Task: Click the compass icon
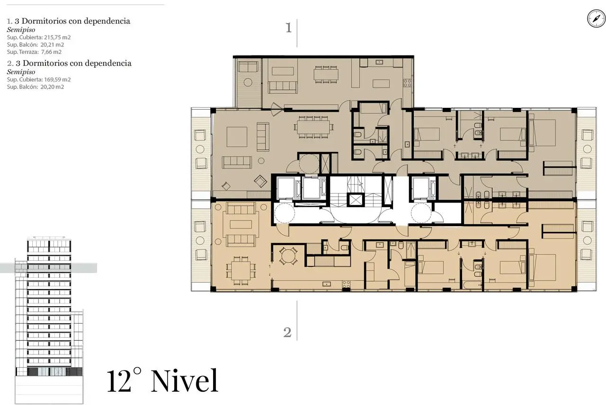pyautogui.click(x=596, y=18)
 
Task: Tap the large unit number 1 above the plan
pyautogui.click(x=289, y=27)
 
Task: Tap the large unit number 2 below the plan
pyautogui.click(x=287, y=332)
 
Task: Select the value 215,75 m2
pyautogui.click(x=57, y=37)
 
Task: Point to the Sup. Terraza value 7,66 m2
pyautogui.click(x=52, y=52)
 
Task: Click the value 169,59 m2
pyautogui.click(x=57, y=79)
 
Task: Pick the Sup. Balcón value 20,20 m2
pyautogui.click(x=52, y=87)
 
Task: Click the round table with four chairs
pyautogui.click(x=288, y=255)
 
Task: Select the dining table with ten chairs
pyautogui.click(x=314, y=127)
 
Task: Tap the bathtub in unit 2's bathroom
pyautogui.click(x=472, y=285)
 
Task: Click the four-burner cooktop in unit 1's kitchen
pyautogui.click(x=408, y=83)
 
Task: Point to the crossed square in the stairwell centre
pyautogui.click(x=356, y=200)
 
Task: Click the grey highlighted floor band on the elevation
pyautogui.click(x=48, y=268)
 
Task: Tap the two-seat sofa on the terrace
pyautogui.click(x=248, y=67)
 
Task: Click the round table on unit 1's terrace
pyautogui.click(x=248, y=82)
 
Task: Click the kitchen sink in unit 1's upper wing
pyautogui.click(x=379, y=62)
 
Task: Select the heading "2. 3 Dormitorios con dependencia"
pyautogui.click(x=69, y=63)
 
